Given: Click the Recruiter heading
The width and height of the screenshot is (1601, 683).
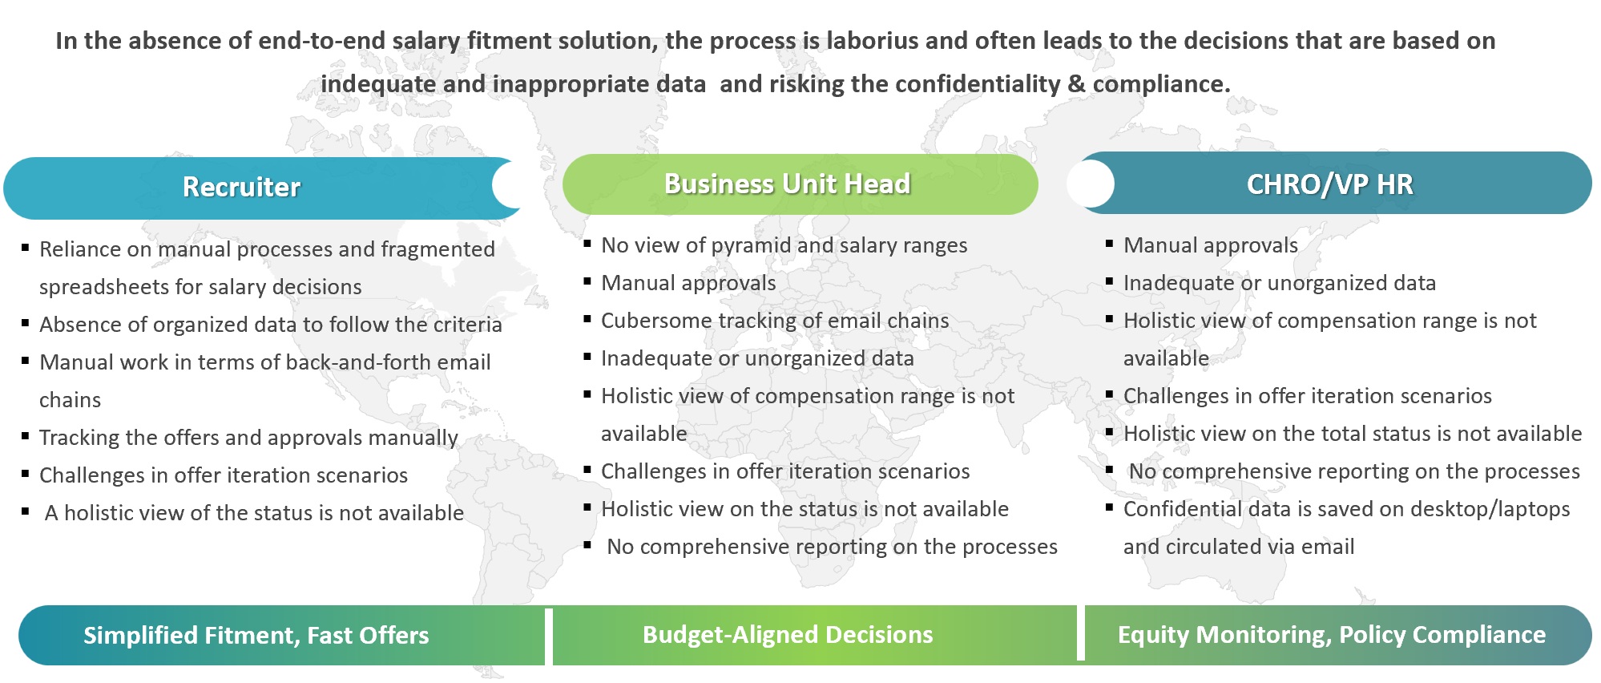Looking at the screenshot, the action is point(241,187).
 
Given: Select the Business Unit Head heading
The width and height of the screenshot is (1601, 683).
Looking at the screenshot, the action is point(787,184).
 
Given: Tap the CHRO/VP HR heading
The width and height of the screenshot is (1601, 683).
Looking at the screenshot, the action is point(1329,184).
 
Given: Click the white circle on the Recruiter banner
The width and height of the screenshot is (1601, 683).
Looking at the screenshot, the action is point(514,185).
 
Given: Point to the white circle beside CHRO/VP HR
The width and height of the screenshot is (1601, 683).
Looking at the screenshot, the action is point(1091,184).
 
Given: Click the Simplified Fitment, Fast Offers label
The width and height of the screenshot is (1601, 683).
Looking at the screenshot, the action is point(256,636).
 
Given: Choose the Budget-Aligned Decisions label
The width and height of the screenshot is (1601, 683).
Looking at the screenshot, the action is point(788,635).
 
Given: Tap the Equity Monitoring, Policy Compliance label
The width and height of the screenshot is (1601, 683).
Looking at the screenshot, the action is point(1332,635).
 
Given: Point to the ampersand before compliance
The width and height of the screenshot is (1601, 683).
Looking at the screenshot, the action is point(1076,83).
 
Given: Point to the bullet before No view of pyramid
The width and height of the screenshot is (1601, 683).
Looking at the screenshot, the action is point(587,243).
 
